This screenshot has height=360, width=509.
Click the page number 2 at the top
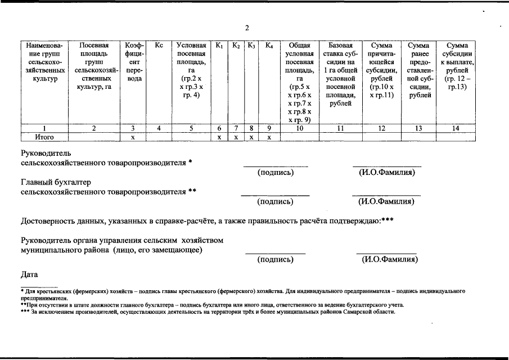coord(246,28)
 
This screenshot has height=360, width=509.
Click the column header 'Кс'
coord(159,45)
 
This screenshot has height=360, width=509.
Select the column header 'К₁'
coord(219,45)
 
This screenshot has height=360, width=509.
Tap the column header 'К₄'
coord(269,45)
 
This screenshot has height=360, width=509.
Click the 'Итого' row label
coord(43,137)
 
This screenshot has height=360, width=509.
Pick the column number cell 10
coord(300,128)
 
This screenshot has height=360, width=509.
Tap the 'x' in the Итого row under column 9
coord(269,137)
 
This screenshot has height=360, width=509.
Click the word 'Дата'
coord(29,274)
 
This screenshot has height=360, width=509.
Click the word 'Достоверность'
coord(48,220)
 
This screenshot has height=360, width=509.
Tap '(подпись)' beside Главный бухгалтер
coord(275,201)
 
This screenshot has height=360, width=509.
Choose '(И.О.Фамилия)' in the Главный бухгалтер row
coord(386,201)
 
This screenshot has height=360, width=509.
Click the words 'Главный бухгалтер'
coord(56,182)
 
